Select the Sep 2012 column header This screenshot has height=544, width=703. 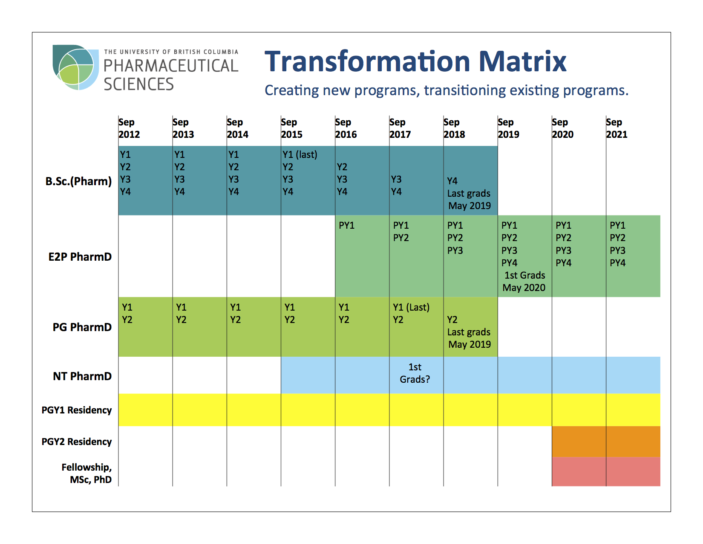[x=129, y=128]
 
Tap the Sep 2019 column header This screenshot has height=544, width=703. [x=508, y=128]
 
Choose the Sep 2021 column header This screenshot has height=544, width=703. [x=617, y=128]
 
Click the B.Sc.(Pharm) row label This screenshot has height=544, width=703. [x=78, y=181]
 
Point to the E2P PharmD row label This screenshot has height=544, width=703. [x=80, y=257]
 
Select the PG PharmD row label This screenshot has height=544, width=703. [x=82, y=327]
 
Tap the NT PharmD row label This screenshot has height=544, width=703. [x=82, y=376]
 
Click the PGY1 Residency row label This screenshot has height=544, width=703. [x=77, y=410]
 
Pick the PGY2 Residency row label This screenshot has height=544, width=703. [x=77, y=442]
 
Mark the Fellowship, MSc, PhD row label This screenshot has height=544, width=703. [x=87, y=473]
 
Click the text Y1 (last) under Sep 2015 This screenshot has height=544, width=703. [x=300, y=154]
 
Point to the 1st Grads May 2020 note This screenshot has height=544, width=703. [x=524, y=282]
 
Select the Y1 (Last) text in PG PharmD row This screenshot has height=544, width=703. [x=411, y=307]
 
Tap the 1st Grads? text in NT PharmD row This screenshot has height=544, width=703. [x=415, y=373]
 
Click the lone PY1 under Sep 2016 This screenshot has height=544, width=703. [x=346, y=225]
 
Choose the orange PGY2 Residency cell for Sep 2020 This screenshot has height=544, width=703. [x=579, y=442]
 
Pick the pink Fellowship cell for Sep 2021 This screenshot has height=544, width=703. [x=633, y=471]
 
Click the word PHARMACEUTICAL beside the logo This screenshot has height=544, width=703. [x=171, y=66]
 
